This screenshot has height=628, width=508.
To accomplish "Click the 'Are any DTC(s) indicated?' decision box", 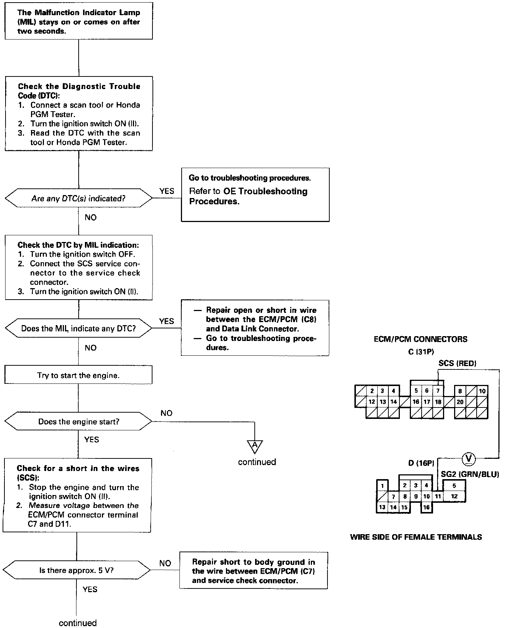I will point(78,199).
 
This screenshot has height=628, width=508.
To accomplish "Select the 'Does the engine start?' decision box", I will point(78,421).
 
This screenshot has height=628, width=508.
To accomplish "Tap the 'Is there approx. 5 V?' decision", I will point(76,570).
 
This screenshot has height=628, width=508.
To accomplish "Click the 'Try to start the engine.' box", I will point(78,376).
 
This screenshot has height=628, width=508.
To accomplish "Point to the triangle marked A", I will point(255,446).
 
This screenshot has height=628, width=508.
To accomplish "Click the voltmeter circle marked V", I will point(468,459).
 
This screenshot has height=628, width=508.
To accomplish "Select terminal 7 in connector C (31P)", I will point(438,391).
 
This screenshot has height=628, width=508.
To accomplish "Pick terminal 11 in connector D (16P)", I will point(437,496).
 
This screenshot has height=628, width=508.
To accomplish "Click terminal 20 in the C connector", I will point(460,402).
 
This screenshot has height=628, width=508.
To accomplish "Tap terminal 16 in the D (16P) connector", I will point(426,507).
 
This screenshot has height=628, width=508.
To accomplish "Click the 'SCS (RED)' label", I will point(457,363).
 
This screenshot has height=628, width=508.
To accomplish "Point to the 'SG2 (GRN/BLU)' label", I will point(470,474).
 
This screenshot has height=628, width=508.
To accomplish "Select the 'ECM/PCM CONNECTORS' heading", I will point(421,339).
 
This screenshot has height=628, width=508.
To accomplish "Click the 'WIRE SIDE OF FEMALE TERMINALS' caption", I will point(416,537).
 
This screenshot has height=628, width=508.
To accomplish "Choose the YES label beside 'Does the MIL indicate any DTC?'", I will point(167,321).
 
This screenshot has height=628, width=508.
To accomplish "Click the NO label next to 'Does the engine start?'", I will point(167,413).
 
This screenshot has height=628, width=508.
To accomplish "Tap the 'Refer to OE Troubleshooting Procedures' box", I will point(255,195).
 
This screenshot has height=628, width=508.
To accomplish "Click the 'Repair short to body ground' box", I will point(254,571).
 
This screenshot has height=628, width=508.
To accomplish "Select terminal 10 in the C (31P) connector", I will point(482,391).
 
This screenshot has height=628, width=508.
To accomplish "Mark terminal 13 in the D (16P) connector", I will point(382,507).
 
